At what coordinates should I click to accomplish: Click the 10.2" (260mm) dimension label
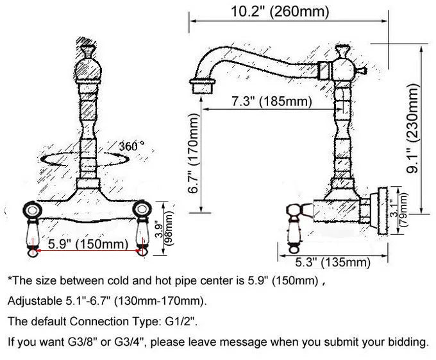(x=280, y=12)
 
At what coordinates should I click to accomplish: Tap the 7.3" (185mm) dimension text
(x=272, y=101)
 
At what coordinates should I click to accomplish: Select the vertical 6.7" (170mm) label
(x=194, y=153)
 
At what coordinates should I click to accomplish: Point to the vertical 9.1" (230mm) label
(x=412, y=128)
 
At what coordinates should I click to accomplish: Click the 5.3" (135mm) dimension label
(x=333, y=262)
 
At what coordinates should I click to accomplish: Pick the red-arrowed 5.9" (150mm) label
(x=88, y=244)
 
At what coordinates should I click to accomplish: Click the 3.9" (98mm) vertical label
(x=165, y=228)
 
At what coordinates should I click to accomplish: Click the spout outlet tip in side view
(x=203, y=87)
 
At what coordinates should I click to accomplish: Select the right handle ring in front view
(x=142, y=209)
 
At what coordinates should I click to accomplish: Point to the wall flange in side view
(x=382, y=210)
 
